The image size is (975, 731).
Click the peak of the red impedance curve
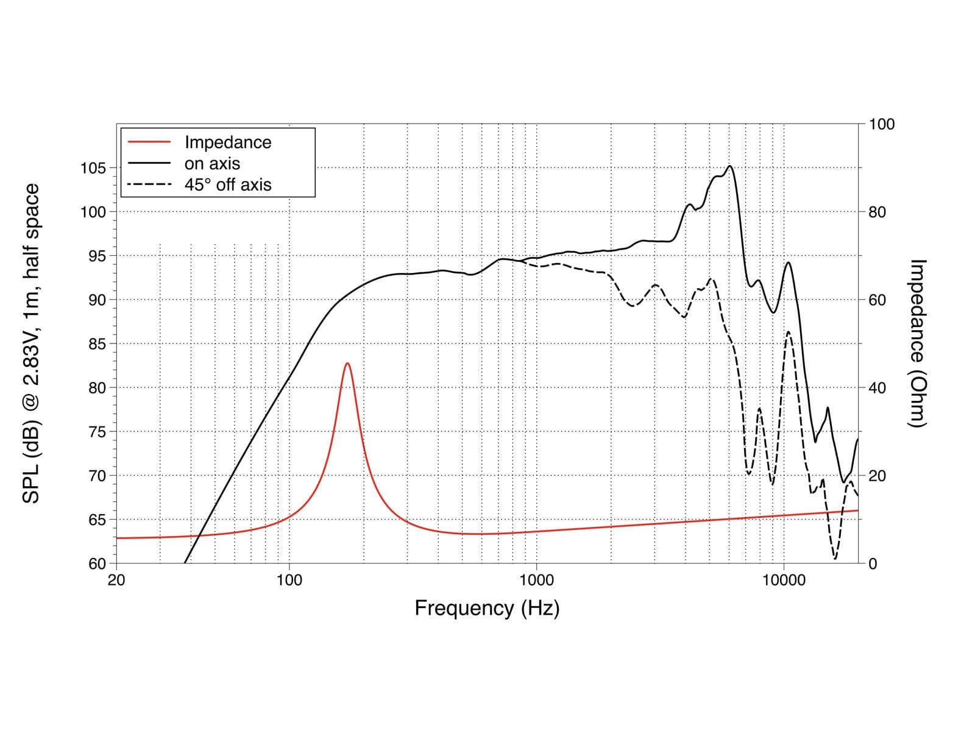point(347,363)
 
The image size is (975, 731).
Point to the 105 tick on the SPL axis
point(93,168)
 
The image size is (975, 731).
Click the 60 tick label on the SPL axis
point(97,563)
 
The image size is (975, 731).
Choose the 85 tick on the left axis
point(97,344)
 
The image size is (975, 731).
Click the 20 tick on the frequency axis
point(116,580)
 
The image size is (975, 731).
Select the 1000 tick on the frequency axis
point(537,580)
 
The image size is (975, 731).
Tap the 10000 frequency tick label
point(784,580)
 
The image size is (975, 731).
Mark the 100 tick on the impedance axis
point(882,124)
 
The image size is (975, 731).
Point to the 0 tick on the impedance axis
point(873,563)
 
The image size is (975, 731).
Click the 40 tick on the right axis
point(877,388)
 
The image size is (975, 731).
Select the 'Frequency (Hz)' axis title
point(487,608)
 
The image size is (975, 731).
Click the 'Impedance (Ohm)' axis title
point(916,344)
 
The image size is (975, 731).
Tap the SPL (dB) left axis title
point(30,344)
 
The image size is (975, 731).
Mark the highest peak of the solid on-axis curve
point(729,166)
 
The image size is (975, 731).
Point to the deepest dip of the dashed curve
point(835,559)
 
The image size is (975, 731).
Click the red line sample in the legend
point(149,142)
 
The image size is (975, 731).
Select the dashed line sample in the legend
point(149,185)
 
